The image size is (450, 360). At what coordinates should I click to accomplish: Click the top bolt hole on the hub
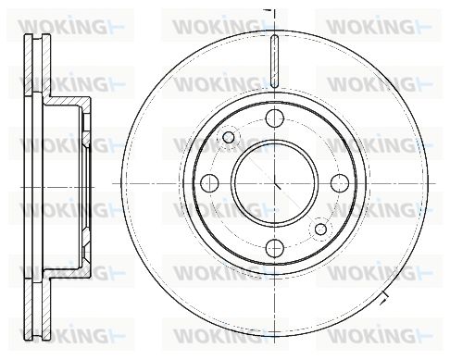274,118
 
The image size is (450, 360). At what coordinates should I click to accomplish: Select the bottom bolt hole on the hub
274,248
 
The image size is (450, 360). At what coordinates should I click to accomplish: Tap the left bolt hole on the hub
209,183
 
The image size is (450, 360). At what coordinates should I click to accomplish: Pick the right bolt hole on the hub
340,183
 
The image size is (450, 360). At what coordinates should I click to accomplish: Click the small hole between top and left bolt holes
228,137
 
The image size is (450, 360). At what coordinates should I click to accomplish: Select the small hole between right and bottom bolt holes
320,230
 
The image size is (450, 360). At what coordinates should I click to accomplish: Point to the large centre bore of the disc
274,183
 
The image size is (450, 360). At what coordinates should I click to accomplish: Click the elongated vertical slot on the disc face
274,61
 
